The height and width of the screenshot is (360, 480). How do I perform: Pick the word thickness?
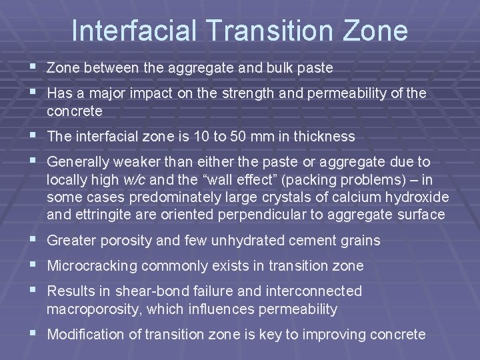(x=318, y=137)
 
